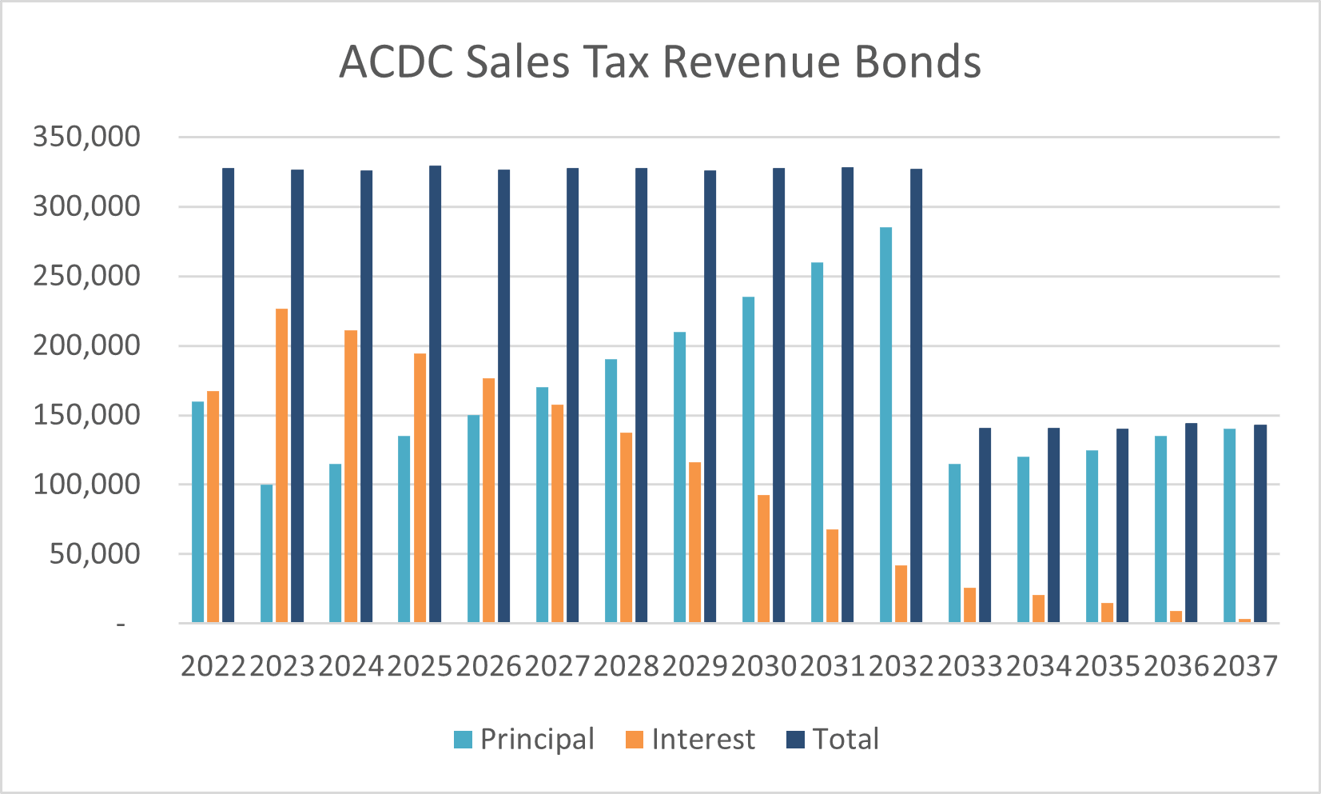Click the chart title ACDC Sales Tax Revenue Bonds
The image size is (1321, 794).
coord(660,62)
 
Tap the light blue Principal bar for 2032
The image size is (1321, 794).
coord(885,425)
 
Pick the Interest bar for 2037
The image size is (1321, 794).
coord(1244,620)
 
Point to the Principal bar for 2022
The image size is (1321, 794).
coord(197,512)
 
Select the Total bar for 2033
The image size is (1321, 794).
coord(985,525)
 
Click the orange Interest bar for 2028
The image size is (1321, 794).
coord(626,527)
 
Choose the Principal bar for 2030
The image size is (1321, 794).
coord(748,460)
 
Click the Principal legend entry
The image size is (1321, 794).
coord(524,740)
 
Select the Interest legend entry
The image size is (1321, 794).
coord(690,740)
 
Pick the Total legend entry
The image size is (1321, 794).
coord(833,740)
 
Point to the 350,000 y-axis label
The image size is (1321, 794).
coord(86,137)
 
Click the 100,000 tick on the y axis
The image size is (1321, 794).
coord(86,484)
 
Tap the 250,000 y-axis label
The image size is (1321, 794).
coord(86,276)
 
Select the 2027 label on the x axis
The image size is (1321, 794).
coord(557,666)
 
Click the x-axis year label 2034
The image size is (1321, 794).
coord(1038,666)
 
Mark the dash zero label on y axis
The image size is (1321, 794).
coord(121,624)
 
